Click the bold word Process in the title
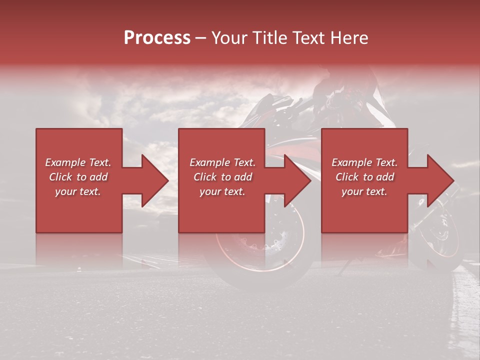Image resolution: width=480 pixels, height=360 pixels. click(x=157, y=38)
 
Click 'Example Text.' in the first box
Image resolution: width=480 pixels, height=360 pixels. click(x=78, y=162)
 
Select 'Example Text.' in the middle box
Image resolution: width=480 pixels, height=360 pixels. click(x=222, y=162)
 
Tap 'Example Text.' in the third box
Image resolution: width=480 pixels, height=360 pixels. click(x=364, y=162)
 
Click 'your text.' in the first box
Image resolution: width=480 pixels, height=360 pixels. click(x=78, y=191)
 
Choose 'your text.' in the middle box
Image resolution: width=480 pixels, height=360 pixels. click(x=222, y=191)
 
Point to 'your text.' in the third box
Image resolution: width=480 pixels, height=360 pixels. click(x=364, y=191)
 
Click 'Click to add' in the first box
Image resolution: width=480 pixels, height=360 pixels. click(x=78, y=177)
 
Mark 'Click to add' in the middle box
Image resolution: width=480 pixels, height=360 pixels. click(x=222, y=177)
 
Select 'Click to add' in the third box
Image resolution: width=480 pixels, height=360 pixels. click(x=364, y=177)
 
